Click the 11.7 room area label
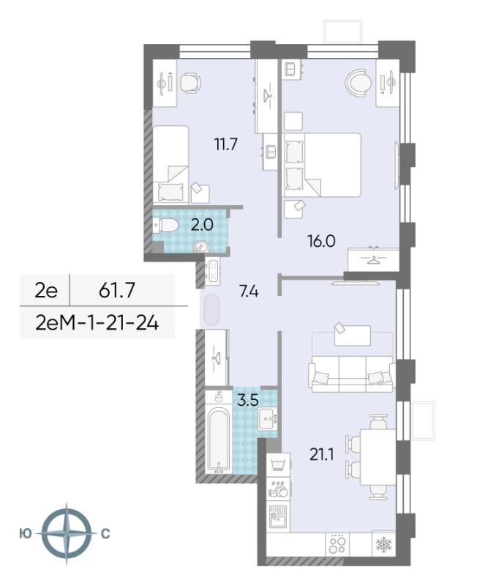point(225,144)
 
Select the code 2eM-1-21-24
point(97,321)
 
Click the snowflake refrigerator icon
point(383,544)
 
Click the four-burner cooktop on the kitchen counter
point(337,544)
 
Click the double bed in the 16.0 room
point(326,165)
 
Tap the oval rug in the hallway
point(211,311)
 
